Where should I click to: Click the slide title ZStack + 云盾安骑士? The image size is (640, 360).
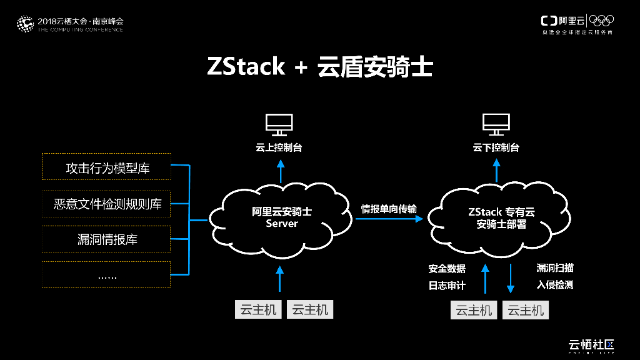[319, 67]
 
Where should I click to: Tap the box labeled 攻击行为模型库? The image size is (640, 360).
[106, 167]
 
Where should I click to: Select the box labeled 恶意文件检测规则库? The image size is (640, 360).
[106, 204]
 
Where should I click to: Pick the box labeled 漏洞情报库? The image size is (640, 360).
[106, 239]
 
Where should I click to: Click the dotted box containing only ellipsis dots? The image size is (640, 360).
[106, 275]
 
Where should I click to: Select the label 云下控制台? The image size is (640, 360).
[496, 148]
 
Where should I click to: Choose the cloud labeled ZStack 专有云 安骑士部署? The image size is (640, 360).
[500, 217]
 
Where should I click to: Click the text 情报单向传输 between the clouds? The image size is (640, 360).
[389, 209]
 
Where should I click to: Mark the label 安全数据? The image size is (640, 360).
[447, 269]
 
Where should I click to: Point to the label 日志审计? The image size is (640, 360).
[447, 286]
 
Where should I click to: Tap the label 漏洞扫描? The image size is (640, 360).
[554, 268]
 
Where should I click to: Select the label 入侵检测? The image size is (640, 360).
[554, 285]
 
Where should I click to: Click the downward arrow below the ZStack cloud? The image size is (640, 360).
[511, 279]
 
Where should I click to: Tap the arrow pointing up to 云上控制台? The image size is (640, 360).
[280, 171]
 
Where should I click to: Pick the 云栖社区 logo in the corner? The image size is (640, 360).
[591, 345]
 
